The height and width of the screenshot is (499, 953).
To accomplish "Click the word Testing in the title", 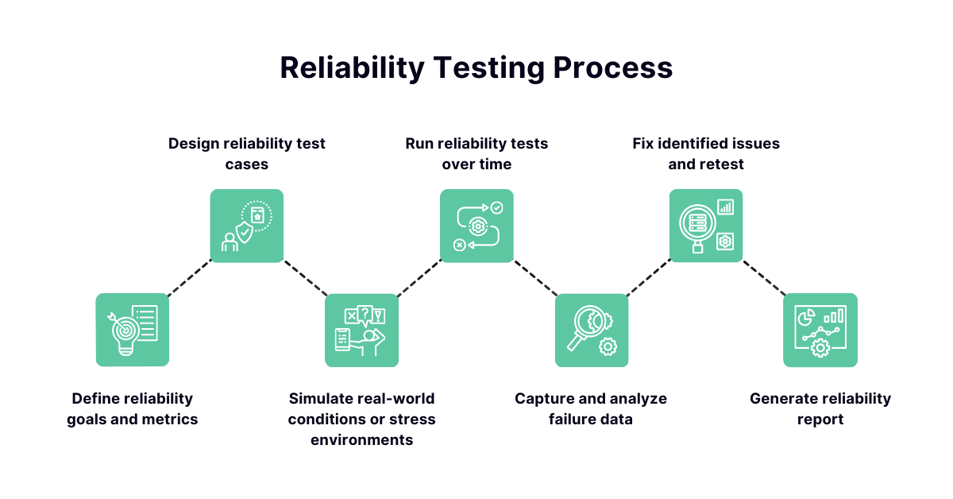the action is [x=489, y=68].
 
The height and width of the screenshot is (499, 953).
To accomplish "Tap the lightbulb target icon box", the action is [x=133, y=330].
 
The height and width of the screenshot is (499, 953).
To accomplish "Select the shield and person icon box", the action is [x=247, y=226].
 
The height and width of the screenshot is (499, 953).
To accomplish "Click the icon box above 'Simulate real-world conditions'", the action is [x=361, y=330].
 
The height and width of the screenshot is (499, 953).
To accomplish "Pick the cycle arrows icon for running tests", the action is [x=476, y=226].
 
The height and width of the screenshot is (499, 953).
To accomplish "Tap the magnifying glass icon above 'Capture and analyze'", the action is [x=592, y=330].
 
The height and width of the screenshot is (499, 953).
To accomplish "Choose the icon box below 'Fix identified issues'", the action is [x=706, y=226].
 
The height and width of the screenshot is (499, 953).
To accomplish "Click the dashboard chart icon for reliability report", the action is [x=820, y=330].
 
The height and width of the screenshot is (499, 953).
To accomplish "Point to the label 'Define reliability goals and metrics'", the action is [x=133, y=409].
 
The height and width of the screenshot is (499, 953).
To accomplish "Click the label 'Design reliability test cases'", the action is [x=247, y=153].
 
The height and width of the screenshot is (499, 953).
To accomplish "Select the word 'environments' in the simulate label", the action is [x=361, y=440].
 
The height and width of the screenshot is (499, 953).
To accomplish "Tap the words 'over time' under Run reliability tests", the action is [x=476, y=164].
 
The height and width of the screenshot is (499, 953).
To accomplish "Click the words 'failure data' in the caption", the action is [x=591, y=420].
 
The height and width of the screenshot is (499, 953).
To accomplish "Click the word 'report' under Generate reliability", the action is [x=820, y=420].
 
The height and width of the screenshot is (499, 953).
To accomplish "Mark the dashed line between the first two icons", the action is [x=190, y=277].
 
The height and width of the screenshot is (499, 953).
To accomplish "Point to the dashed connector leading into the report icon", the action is [x=764, y=278].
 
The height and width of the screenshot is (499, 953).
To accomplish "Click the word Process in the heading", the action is [x=612, y=68].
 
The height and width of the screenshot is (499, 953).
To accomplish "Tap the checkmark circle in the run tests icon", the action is [x=497, y=207].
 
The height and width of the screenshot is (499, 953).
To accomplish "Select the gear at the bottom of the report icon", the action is [x=820, y=348].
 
